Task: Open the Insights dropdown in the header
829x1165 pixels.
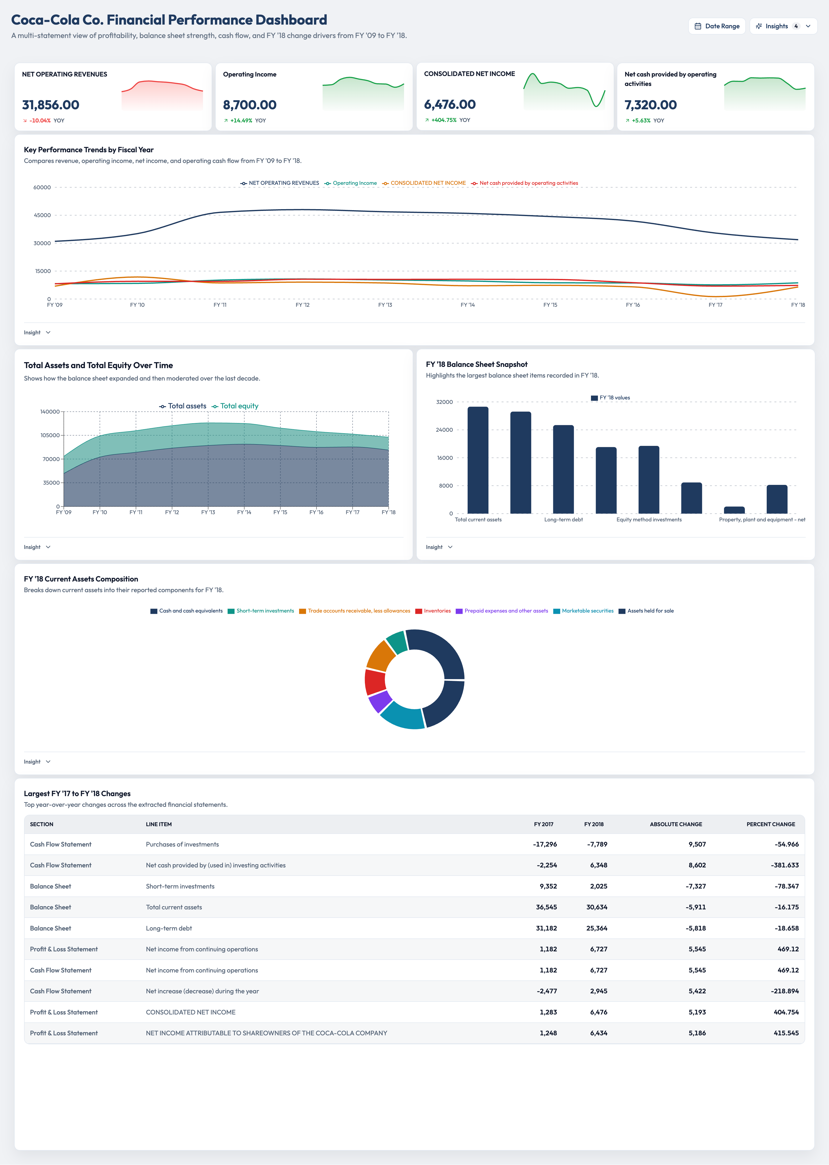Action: pos(783,26)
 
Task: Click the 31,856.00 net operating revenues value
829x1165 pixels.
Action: pos(51,105)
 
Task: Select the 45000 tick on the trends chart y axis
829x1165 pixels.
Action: pos(42,215)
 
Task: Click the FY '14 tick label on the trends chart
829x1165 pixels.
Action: pos(468,305)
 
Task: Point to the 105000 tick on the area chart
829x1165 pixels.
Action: pos(50,435)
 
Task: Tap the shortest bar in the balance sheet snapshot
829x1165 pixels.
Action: pos(734,510)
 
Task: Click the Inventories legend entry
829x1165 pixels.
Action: pos(433,611)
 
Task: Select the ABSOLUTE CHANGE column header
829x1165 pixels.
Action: pos(676,824)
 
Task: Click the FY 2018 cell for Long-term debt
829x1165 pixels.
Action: pos(597,928)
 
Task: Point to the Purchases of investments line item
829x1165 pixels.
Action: pos(182,844)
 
